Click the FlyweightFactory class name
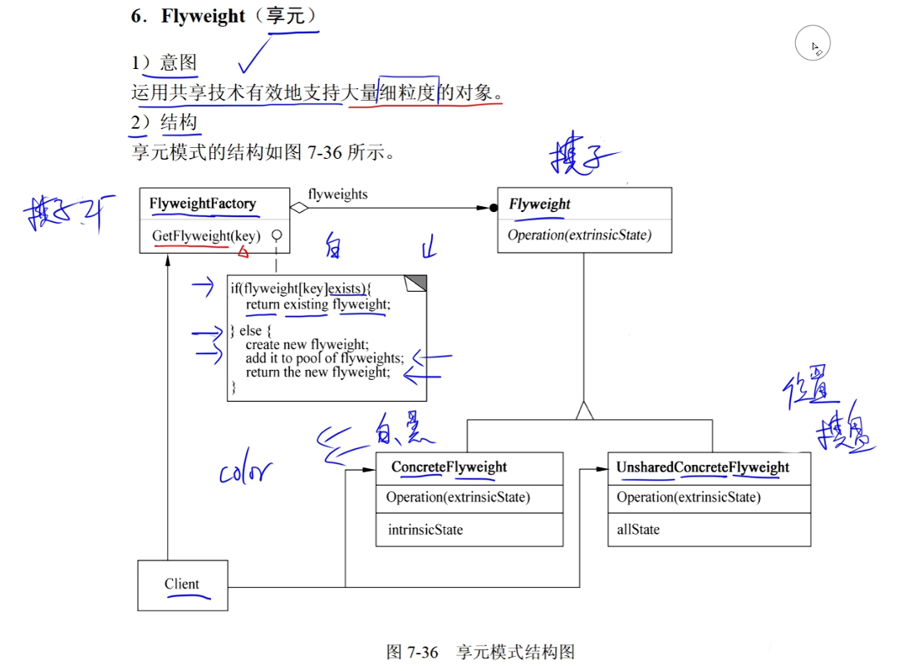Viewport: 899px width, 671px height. click(203, 204)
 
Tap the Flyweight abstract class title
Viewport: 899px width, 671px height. click(539, 205)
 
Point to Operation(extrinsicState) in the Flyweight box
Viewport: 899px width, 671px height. click(579, 235)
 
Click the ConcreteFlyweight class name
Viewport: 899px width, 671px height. click(449, 467)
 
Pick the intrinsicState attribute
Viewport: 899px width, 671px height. click(425, 530)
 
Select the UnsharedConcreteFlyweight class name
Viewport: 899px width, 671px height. click(702, 467)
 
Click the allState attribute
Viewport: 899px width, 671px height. click(638, 530)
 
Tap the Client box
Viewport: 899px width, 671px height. click(182, 585)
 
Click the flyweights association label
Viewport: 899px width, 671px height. click(337, 194)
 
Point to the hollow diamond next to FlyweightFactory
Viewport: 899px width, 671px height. click(298, 208)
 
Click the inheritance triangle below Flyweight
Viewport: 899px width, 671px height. click(585, 410)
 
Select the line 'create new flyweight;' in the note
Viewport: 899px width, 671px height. click(307, 344)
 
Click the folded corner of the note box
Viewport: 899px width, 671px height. click(415, 284)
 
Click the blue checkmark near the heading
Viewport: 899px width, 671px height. click(257, 57)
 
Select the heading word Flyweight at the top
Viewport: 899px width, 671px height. click(204, 16)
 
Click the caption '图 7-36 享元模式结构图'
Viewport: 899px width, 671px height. click(481, 652)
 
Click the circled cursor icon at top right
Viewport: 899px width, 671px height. click(813, 45)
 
